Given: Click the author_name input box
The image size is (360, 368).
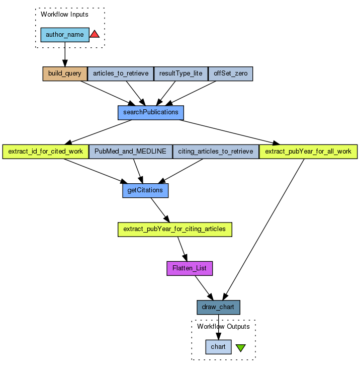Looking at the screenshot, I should (65, 35).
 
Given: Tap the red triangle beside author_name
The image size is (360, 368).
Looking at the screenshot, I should (95, 34).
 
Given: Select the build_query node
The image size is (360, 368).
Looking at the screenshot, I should (65, 73).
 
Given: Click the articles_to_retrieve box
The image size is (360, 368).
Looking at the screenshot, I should (121, 73).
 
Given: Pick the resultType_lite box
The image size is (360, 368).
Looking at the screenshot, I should (181, 73).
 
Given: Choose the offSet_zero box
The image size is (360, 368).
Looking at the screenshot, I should (230, 73).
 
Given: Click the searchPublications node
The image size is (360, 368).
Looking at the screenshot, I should (151, 112).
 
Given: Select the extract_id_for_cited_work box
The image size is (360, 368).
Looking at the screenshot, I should (45, 152).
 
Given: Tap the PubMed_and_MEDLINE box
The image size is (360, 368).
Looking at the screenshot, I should (130, 152).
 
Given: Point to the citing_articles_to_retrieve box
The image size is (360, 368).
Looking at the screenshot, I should (216, 152).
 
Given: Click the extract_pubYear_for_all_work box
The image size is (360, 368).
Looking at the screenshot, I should (308, 152).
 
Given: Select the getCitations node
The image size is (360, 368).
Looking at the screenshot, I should (145, 190).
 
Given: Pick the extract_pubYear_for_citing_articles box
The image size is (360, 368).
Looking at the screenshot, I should (174, 229).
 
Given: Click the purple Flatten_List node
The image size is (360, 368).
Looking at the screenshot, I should (190, 268).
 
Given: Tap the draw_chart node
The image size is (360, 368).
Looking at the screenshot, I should (218, 307).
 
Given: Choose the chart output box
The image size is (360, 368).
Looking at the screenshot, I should (218, 347).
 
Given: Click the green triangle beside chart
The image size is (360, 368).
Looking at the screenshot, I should (241, 347).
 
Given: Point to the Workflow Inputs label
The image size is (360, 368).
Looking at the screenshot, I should (64, 15).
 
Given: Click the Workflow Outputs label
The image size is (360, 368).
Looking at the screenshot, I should (223, 327).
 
